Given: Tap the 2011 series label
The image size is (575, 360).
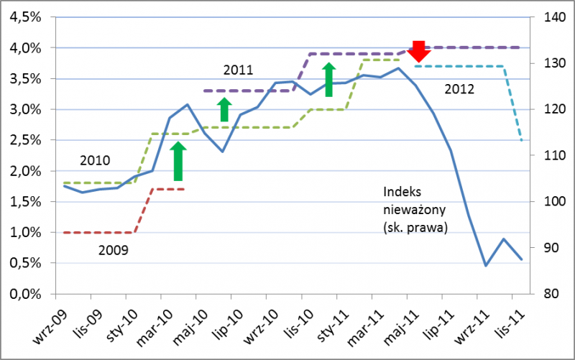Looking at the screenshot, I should [x=238, y=70].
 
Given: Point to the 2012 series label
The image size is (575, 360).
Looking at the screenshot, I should [x=459, y=90].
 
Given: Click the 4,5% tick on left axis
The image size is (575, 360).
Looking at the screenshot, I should [x=24, y=17].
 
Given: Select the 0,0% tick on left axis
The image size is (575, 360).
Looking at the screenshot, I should [x=24, y=294].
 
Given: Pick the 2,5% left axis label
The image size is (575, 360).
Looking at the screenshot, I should [x=24, y=140].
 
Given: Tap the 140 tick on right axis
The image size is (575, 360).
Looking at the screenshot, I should [x=555, y=17].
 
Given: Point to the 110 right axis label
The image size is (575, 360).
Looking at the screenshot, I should [x=555, y=155].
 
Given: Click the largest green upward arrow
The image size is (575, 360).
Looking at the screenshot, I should [x=179, y=162].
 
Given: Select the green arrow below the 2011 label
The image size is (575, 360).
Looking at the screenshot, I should [x=224, y=110].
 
